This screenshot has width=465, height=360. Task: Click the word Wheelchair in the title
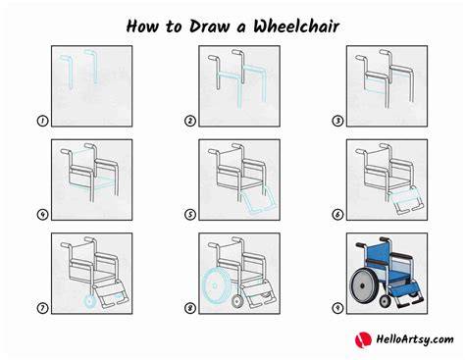[x=296, y=26]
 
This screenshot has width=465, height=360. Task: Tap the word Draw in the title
[x=209, y=26]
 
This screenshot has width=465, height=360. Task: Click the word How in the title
[x=142, y=26]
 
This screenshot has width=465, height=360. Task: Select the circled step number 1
[x=42, y=121]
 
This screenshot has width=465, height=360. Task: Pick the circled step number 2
[x=190, y=121]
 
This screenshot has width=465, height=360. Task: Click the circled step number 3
[x=337, y=121]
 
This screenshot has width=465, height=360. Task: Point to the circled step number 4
[x=42, y=215]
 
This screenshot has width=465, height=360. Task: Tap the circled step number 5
[x=190, y=215]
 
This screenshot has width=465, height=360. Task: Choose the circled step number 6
[x=337, y=215]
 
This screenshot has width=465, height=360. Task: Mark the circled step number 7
[x=42, y=308]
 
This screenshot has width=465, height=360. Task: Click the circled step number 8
[x=190, y=308]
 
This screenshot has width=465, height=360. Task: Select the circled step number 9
[x=337, y=308]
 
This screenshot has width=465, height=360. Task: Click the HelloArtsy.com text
[x=415, y=339]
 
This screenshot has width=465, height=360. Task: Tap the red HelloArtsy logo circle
[x=363, y=339]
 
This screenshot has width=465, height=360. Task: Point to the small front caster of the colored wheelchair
[x=386, y=301]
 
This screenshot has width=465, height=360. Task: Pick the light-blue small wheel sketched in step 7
[x=89, y=301]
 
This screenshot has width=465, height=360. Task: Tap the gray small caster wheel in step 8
[x=237, y=301]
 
